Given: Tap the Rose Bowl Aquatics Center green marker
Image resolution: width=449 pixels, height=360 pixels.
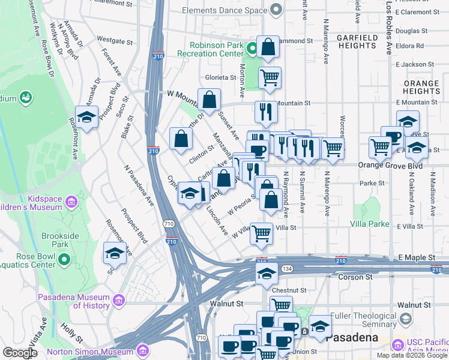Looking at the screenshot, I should pyautogui.click(x=65, y=260).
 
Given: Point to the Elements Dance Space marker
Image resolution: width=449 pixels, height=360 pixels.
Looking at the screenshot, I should pyautogui.click(x=277, y=10).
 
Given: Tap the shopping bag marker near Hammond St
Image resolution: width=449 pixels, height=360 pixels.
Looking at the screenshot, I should pyautogui.click(x=268, y=47).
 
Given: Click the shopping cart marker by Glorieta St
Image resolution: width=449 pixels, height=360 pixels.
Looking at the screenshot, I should pyautogui.click(x=270, y=77).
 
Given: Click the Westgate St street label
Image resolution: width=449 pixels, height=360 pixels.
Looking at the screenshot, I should pyautogui.click(x=114, y=41).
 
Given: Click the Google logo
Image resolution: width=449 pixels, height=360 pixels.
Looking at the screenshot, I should pyautogui.click(x=20, y=353).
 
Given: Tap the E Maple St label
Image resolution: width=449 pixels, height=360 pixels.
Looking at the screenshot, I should pyautogui.click(x=417, y=257).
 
